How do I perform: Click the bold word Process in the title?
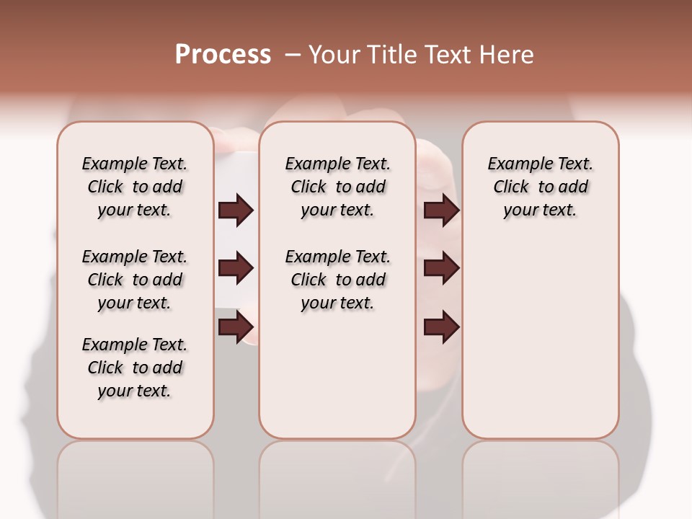pyautogui.click(x=223, y=55)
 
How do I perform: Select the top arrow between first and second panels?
pyautogui.click(x=236, y=210)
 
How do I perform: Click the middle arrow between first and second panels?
pyautogui.click(x=236, y=268)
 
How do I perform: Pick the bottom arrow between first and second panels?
pyautogui.click(x=236, y=327)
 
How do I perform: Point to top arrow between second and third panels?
pyautogui.click(x=441, y=210)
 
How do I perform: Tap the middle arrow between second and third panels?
pyautogui.click(x=441, y=268)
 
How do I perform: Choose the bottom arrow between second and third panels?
pyautogui.click(x=441, y=327)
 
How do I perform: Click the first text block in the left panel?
pyautogui.click(x=135, y=187)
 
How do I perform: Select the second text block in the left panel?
pyautogui.click(x=135, y=280)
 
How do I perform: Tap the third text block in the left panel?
pyautogui.click(x=135, y=368)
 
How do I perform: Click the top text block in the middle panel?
pyautogui.click(x=337, y=187)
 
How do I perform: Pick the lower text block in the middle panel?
pyautogui.click(x=337, y=280)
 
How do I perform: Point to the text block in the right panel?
pyautogui.click(x=540, y=187)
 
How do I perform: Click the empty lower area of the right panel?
pyautogui.click(x=540, y=339)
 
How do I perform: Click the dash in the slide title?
pyautogui.click(x=293, y=55)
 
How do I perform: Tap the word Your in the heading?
pyautogui.click(x=336, y=55)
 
